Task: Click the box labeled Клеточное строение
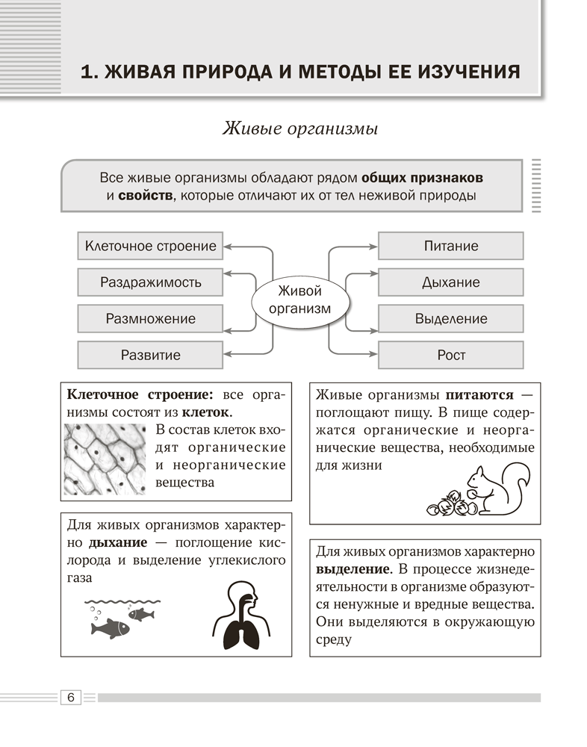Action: click(150, 246)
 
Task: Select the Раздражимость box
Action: click(150, 282)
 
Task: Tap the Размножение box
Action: click(150, 318)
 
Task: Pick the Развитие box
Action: click(150, 355)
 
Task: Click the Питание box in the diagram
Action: click(450, 246)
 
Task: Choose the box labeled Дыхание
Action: click(450, 282)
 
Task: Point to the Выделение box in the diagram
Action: click(450, 318)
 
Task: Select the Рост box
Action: click(450, 355)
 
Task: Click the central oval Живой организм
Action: click(299, 300)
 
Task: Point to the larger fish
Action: click(110, 628)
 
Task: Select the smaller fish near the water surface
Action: click(141, 614)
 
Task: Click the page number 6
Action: click(70, 697)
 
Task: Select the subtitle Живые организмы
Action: click(299, 128)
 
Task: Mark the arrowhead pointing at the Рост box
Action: click(374, 355)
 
